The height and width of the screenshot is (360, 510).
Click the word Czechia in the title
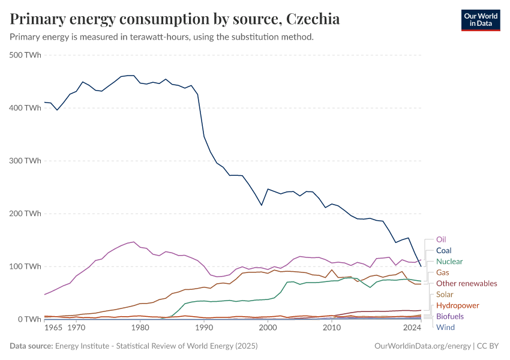(x=313, y=19)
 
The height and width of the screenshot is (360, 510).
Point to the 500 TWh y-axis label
(x=25, y=55)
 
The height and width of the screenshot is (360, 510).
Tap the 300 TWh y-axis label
(x=25, y=161)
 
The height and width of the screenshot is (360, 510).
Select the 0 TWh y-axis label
(x=29, y=319)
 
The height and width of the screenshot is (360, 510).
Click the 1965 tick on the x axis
(x=53, y=328)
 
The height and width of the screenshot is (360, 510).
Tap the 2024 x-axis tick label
(x=412, y=328)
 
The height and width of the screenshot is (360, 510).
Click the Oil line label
(x=441, y=239)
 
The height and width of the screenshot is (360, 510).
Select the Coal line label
(x=443, y=250)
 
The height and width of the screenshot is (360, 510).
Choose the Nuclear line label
(x=449, y=262)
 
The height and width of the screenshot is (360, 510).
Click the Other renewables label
(x=466, y=283)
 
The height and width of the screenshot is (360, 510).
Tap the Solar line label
(x=445, y=295)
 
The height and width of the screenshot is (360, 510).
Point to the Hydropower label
(x=457, y=305)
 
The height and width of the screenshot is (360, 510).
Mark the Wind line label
(x=445, y=327)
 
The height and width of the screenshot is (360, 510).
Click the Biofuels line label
(x=449, y=316)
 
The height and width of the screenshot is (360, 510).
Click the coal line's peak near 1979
(x=131, y=76)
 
